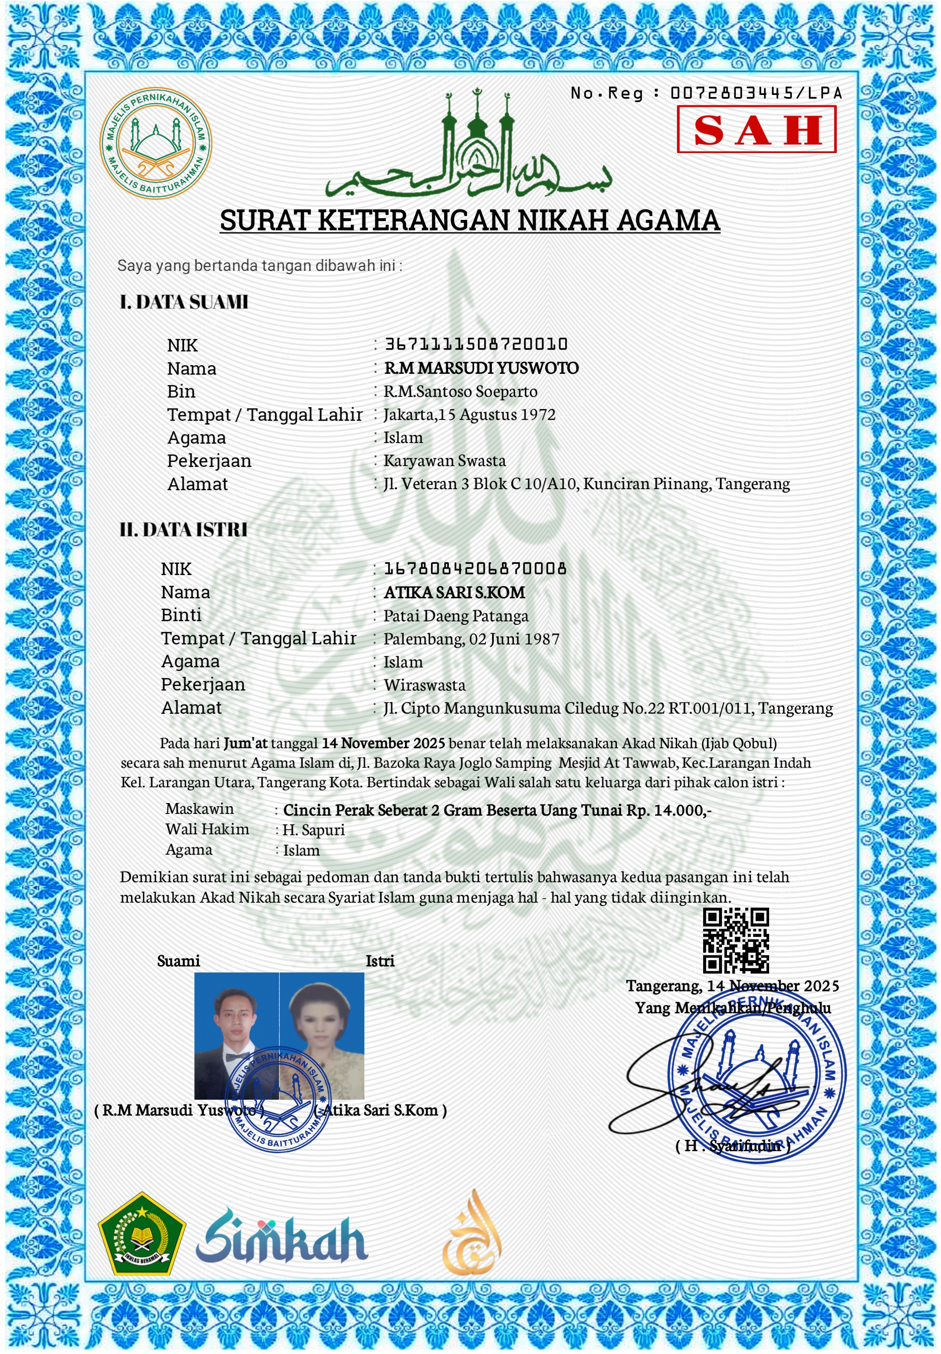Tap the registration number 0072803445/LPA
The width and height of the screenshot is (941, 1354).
point(756,93)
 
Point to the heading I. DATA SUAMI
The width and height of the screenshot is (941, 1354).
point(183,302)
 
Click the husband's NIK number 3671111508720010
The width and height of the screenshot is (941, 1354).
point(476,344)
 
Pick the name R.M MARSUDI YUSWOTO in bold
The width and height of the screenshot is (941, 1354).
point(481,368)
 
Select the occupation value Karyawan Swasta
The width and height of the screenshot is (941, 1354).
point(445,461)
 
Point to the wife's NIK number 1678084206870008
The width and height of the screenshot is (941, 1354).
point(475,569)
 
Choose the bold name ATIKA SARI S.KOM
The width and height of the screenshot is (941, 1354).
point(454,592)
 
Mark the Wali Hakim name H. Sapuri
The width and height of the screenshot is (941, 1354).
point(314,830)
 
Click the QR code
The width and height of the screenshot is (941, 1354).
point(736,940)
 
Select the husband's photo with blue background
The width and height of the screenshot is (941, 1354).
point(237,1035)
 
